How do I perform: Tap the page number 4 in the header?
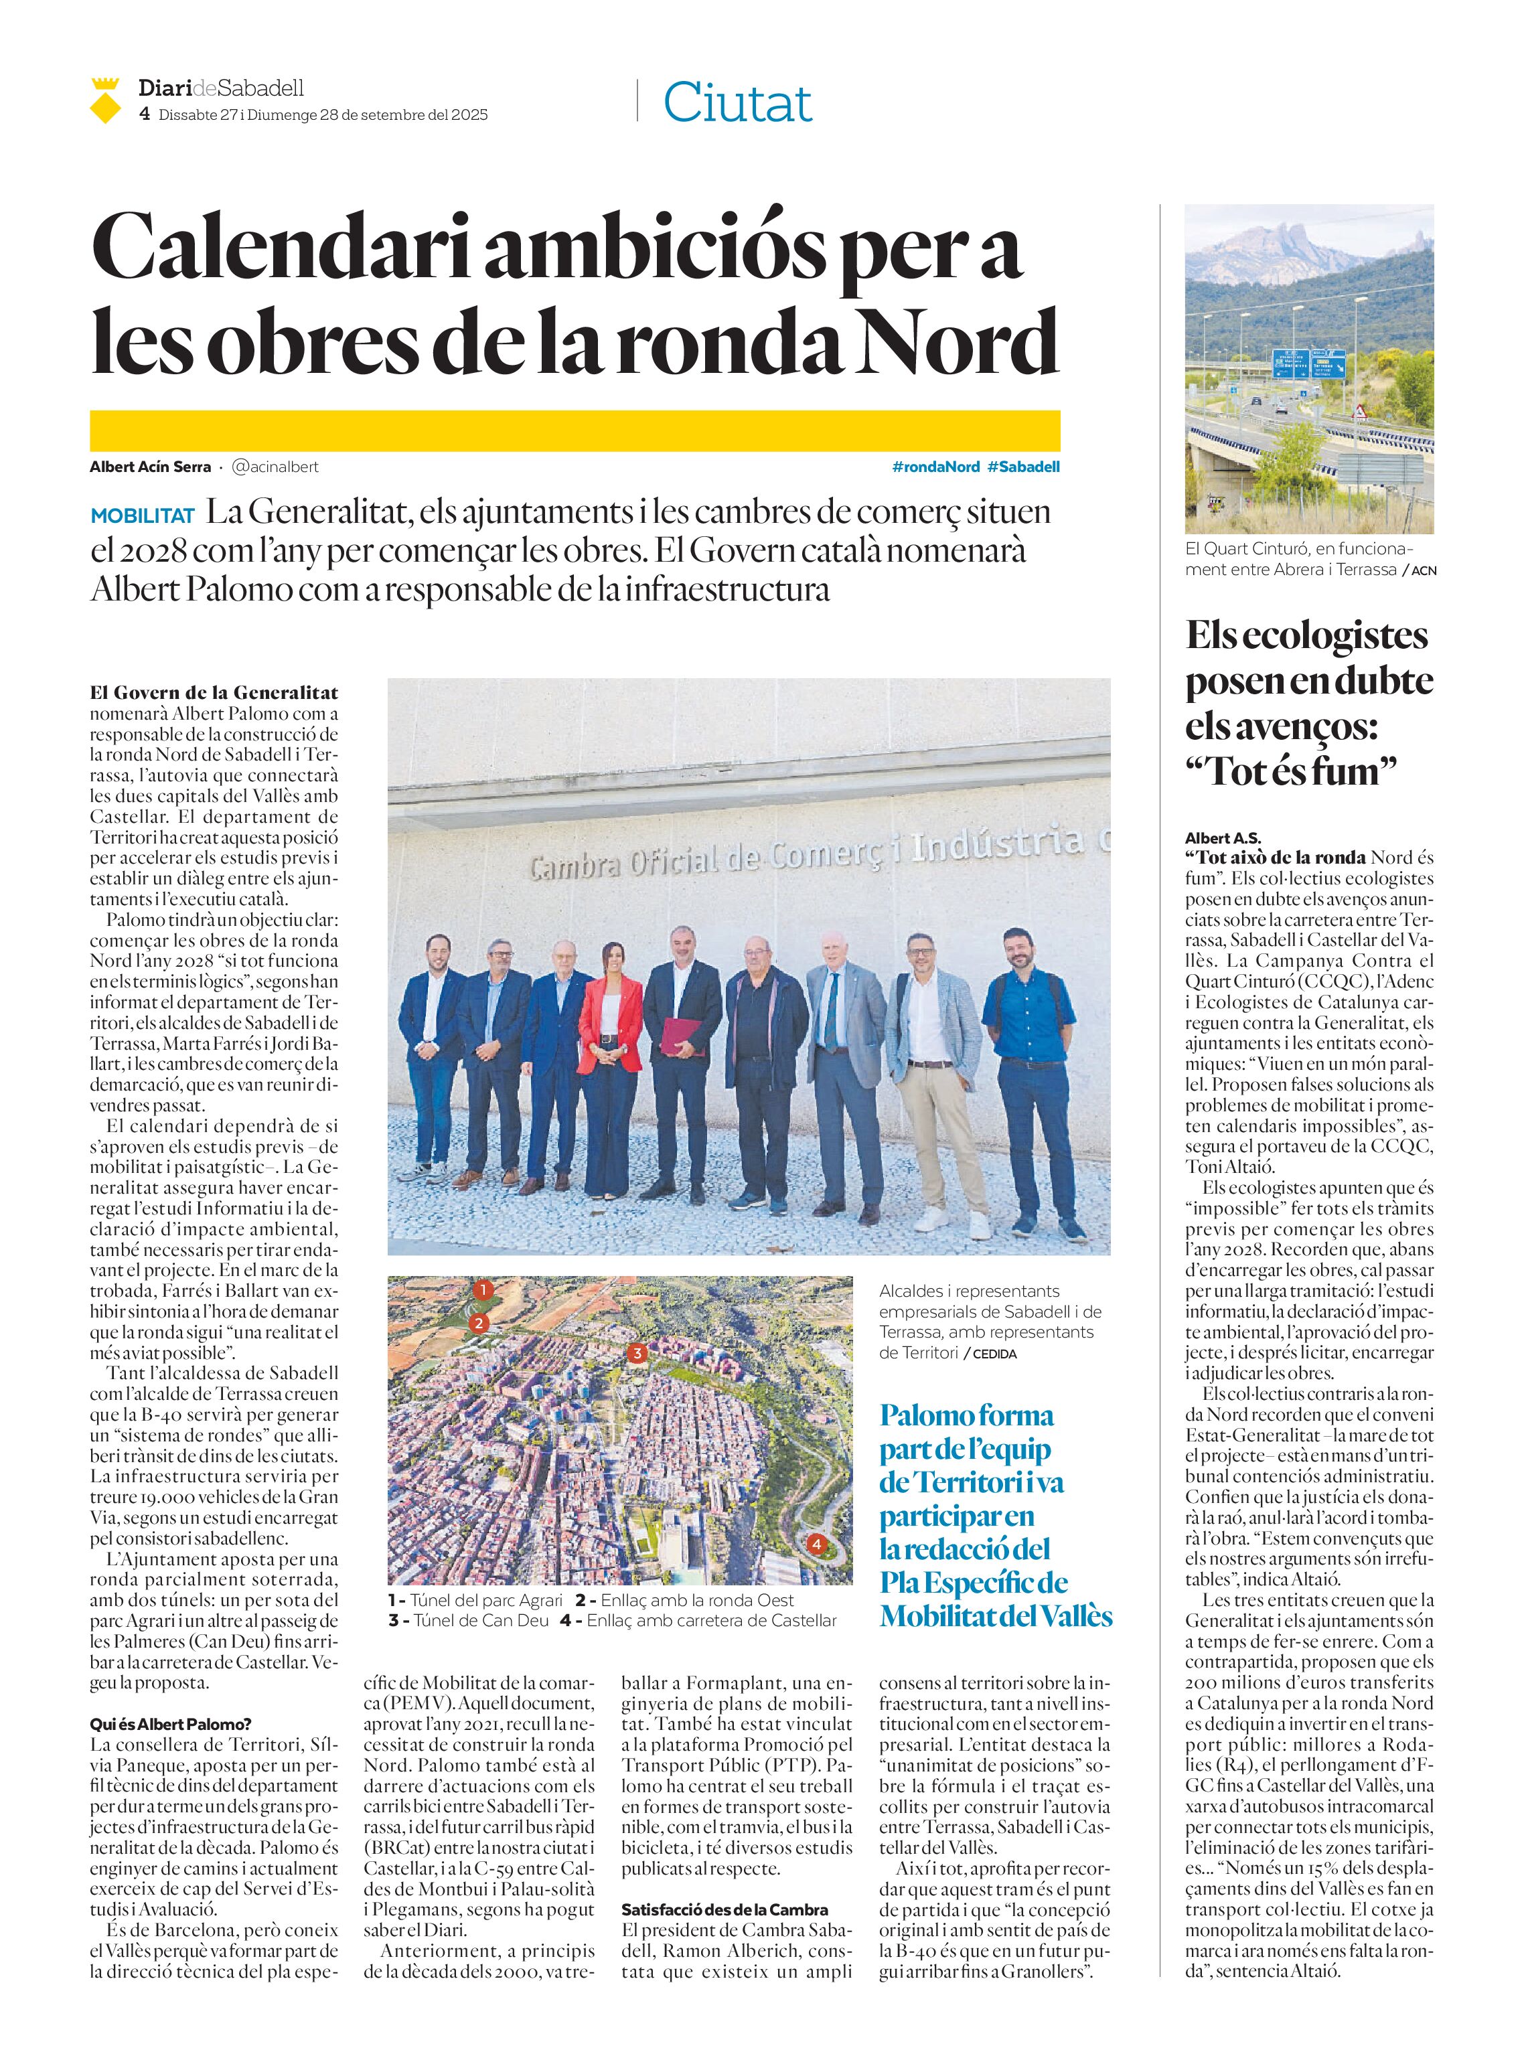point(144,114)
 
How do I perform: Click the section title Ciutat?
point(737,102)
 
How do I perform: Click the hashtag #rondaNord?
point(935,467)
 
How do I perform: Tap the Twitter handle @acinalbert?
point(275,467)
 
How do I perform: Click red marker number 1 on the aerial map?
point(483,1289)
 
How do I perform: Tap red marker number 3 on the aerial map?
point(637,1353)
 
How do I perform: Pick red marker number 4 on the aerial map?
point(816,1543)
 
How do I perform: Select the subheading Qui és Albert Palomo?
point(171,1723)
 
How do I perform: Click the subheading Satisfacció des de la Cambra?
point(725,1909)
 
